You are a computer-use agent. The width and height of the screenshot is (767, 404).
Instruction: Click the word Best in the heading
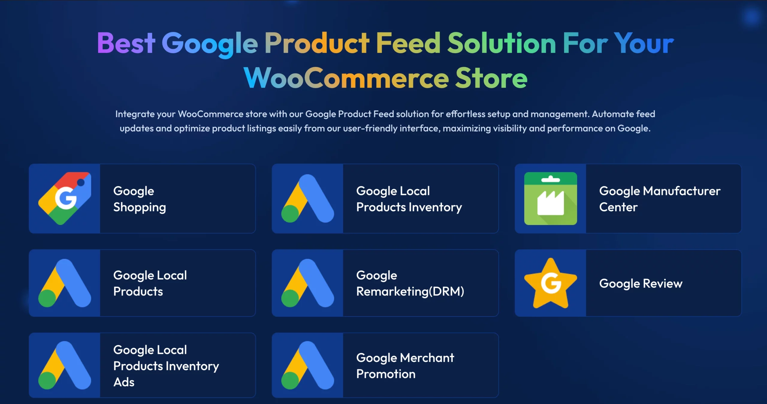[x=126, y=43]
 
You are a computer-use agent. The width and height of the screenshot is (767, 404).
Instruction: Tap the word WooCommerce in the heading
[x=346, y=78]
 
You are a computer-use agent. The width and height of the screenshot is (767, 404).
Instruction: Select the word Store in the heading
[x=491, y=78]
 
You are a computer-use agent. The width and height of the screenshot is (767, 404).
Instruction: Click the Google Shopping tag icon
[x=65, y=199]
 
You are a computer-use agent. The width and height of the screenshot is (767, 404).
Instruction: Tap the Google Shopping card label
[x=140, y=199]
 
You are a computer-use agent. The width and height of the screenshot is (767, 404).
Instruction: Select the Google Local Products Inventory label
[x=409, y=199]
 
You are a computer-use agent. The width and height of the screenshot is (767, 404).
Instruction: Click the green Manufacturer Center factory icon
[x=551, y=199]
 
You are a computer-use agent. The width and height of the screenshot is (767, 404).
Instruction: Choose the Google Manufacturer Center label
[x=660, y=199]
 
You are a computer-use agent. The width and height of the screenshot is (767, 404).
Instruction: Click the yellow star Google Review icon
[x=551, y=283]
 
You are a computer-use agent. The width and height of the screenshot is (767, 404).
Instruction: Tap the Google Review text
[x=641, y=284]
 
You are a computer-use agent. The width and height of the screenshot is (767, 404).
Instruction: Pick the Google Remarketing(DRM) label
[x=410, y=283]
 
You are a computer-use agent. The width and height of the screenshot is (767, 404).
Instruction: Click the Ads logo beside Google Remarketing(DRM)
[x=308, y=283]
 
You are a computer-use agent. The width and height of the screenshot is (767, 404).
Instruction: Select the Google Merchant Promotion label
[x=405, y=366]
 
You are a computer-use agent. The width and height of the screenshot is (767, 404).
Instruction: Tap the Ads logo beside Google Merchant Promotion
[x=308, y=365]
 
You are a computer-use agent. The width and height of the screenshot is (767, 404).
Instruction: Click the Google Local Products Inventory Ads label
[x=166, y=366]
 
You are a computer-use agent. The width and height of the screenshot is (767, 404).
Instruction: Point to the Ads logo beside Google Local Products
[x=65, y=283]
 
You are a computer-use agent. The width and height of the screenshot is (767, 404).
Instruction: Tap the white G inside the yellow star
[x=551, y=283]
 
